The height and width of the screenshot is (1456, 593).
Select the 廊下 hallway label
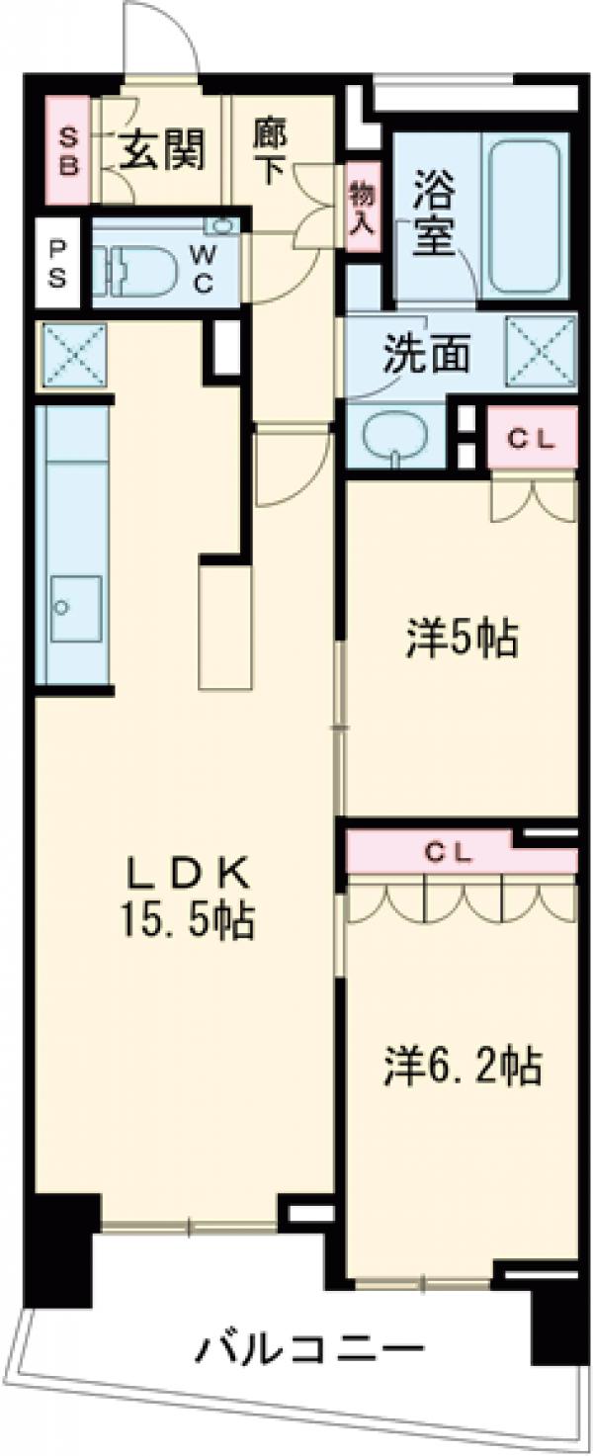269,150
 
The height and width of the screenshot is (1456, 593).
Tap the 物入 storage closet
361,207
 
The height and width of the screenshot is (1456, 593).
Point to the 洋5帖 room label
461,640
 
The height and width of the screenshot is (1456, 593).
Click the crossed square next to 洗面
541,347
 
